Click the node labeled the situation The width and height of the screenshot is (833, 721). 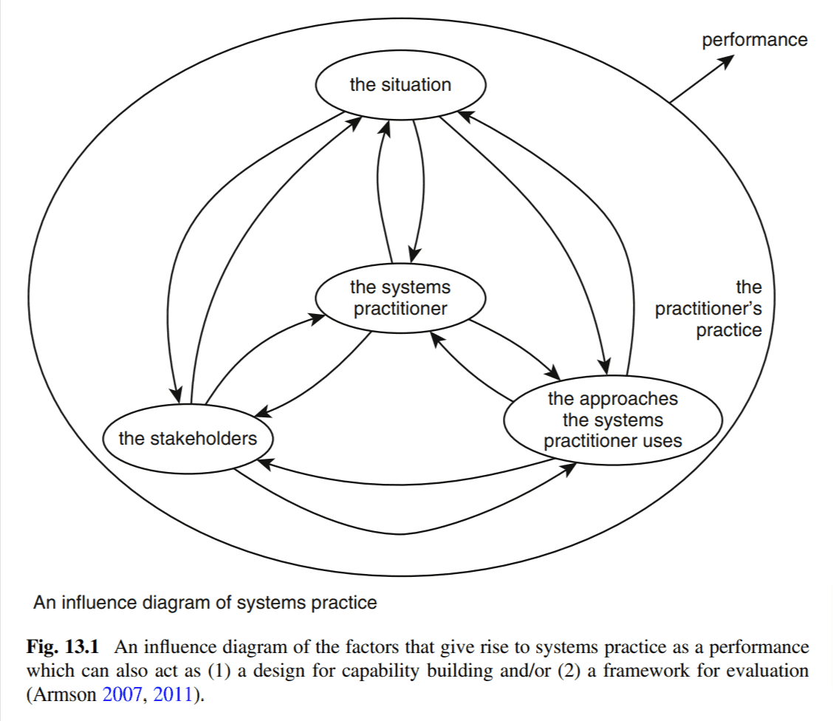point(400,85)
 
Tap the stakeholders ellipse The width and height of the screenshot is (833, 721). point(188,439)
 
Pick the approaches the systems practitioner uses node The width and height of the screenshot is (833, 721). point(612,420)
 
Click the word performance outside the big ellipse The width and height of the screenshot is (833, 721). point(755,39)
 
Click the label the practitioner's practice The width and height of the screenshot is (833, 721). point(709,308)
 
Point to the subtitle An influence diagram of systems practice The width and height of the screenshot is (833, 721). point(205,603)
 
